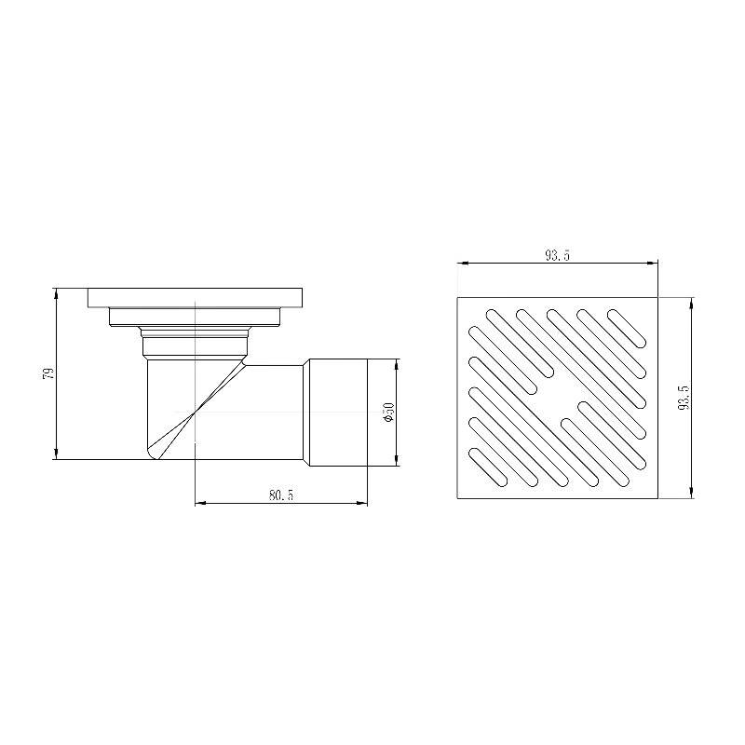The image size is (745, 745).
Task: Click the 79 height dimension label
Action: coord(48,373)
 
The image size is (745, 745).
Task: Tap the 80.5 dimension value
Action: coord(281,495)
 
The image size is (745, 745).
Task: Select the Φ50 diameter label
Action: coord(389,413)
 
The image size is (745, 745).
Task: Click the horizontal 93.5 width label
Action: coord(557,255)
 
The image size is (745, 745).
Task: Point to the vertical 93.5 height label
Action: coord(685,398)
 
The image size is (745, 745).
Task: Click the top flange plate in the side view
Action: coord(195,297)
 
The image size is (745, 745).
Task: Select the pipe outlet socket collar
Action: coord(338,413)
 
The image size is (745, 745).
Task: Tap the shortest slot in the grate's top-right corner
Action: coord(627,329)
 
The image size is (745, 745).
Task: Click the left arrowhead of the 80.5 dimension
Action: coord(200,503)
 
